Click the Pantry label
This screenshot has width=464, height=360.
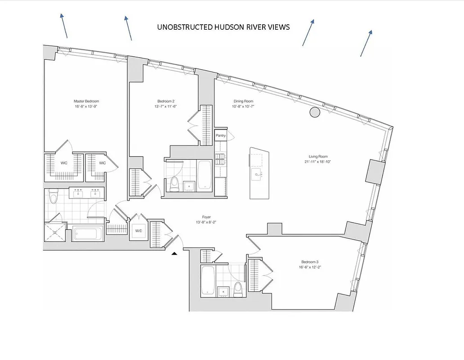point(221,135)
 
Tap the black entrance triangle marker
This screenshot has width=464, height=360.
point(175,254)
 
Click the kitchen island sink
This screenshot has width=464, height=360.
point(256,174)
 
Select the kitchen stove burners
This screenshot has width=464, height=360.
point(221,157)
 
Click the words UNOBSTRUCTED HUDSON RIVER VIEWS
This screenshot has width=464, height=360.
point(223,27)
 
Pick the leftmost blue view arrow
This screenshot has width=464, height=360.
point(64,26)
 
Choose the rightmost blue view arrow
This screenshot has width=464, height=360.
point(366,43)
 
